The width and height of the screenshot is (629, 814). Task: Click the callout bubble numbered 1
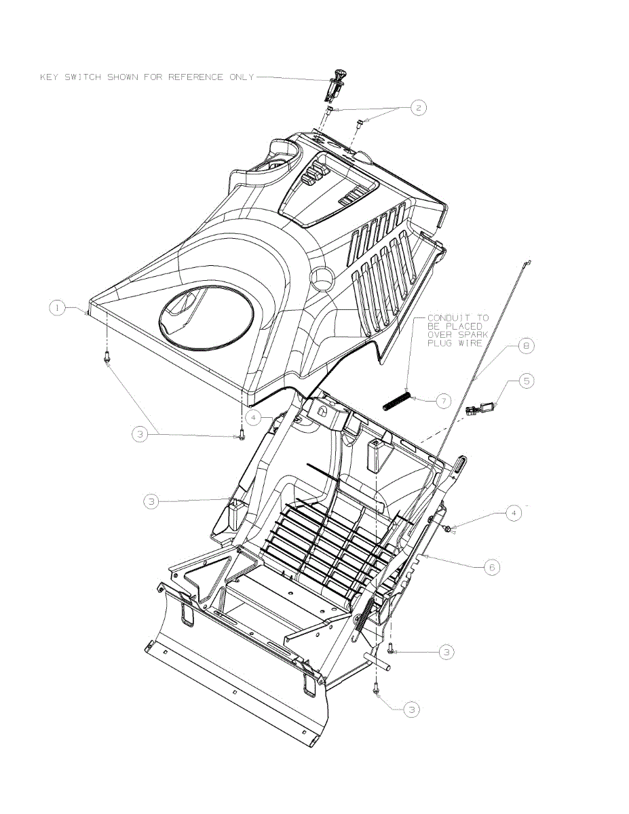click(x=58, y=308)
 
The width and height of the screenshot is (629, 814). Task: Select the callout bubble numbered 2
click(x=419, y=107)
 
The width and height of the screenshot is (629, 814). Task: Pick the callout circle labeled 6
click(x=492, y=566)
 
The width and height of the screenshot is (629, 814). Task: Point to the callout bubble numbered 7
click(x=442, y=402)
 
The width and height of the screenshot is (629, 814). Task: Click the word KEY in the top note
click(x=50, y=77)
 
